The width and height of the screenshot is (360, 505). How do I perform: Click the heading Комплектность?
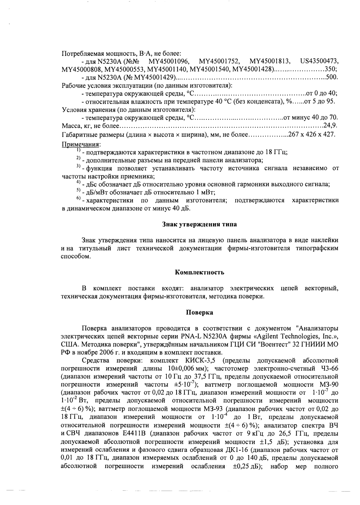pos(200,272)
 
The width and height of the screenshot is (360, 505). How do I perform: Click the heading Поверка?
pos(199,313)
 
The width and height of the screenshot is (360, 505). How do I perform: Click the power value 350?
pos(331,69)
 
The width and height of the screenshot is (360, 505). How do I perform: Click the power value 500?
pos(331,77)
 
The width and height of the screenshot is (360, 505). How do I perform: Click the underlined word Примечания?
pos(81,144)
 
